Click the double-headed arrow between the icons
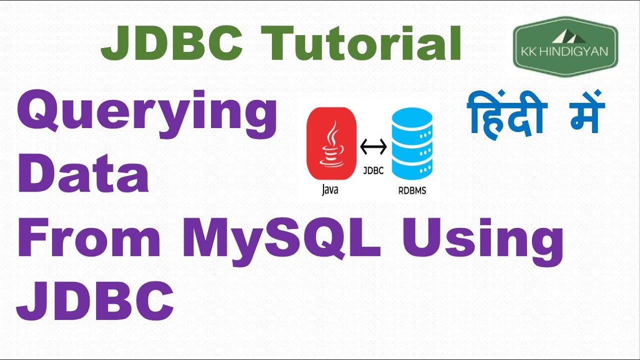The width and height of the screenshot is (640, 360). click(373, 147)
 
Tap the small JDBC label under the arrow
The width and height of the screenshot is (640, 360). click(373, 170)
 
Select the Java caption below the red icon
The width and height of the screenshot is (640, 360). click(330, 190)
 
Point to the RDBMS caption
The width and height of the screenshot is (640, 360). click(412, 190)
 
